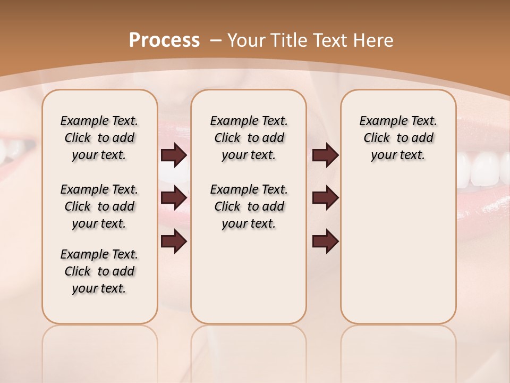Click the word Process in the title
click(x=164, y=40)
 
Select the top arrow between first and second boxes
click(x=174, y=155)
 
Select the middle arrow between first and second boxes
click(x=174, y=198)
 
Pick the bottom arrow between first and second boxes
click(x=174, y=242)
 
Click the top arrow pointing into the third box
click(x=325, y=155)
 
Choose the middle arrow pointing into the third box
click(x=325, y=198)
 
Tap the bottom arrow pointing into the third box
click(x=325, y=242)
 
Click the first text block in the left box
click(x=99, y=138)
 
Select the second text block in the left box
click(x=99, y=206)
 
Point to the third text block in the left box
click(x=99, y=271)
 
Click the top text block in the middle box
click(x=249, y=138)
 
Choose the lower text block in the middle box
click(x=249, y=206)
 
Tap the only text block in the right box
click(x=398, y=138)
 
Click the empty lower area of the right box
click(x=398, y=255)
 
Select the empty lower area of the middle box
click(x=249, y=277)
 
